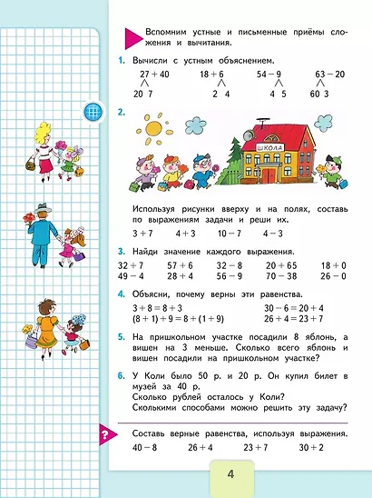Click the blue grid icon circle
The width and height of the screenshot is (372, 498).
tap(92, 114)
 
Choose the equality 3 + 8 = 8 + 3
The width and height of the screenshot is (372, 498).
tap(156, 308)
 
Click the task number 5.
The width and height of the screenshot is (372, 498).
tap(121, 336)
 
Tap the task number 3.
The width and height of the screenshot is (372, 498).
tap(121, 248)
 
